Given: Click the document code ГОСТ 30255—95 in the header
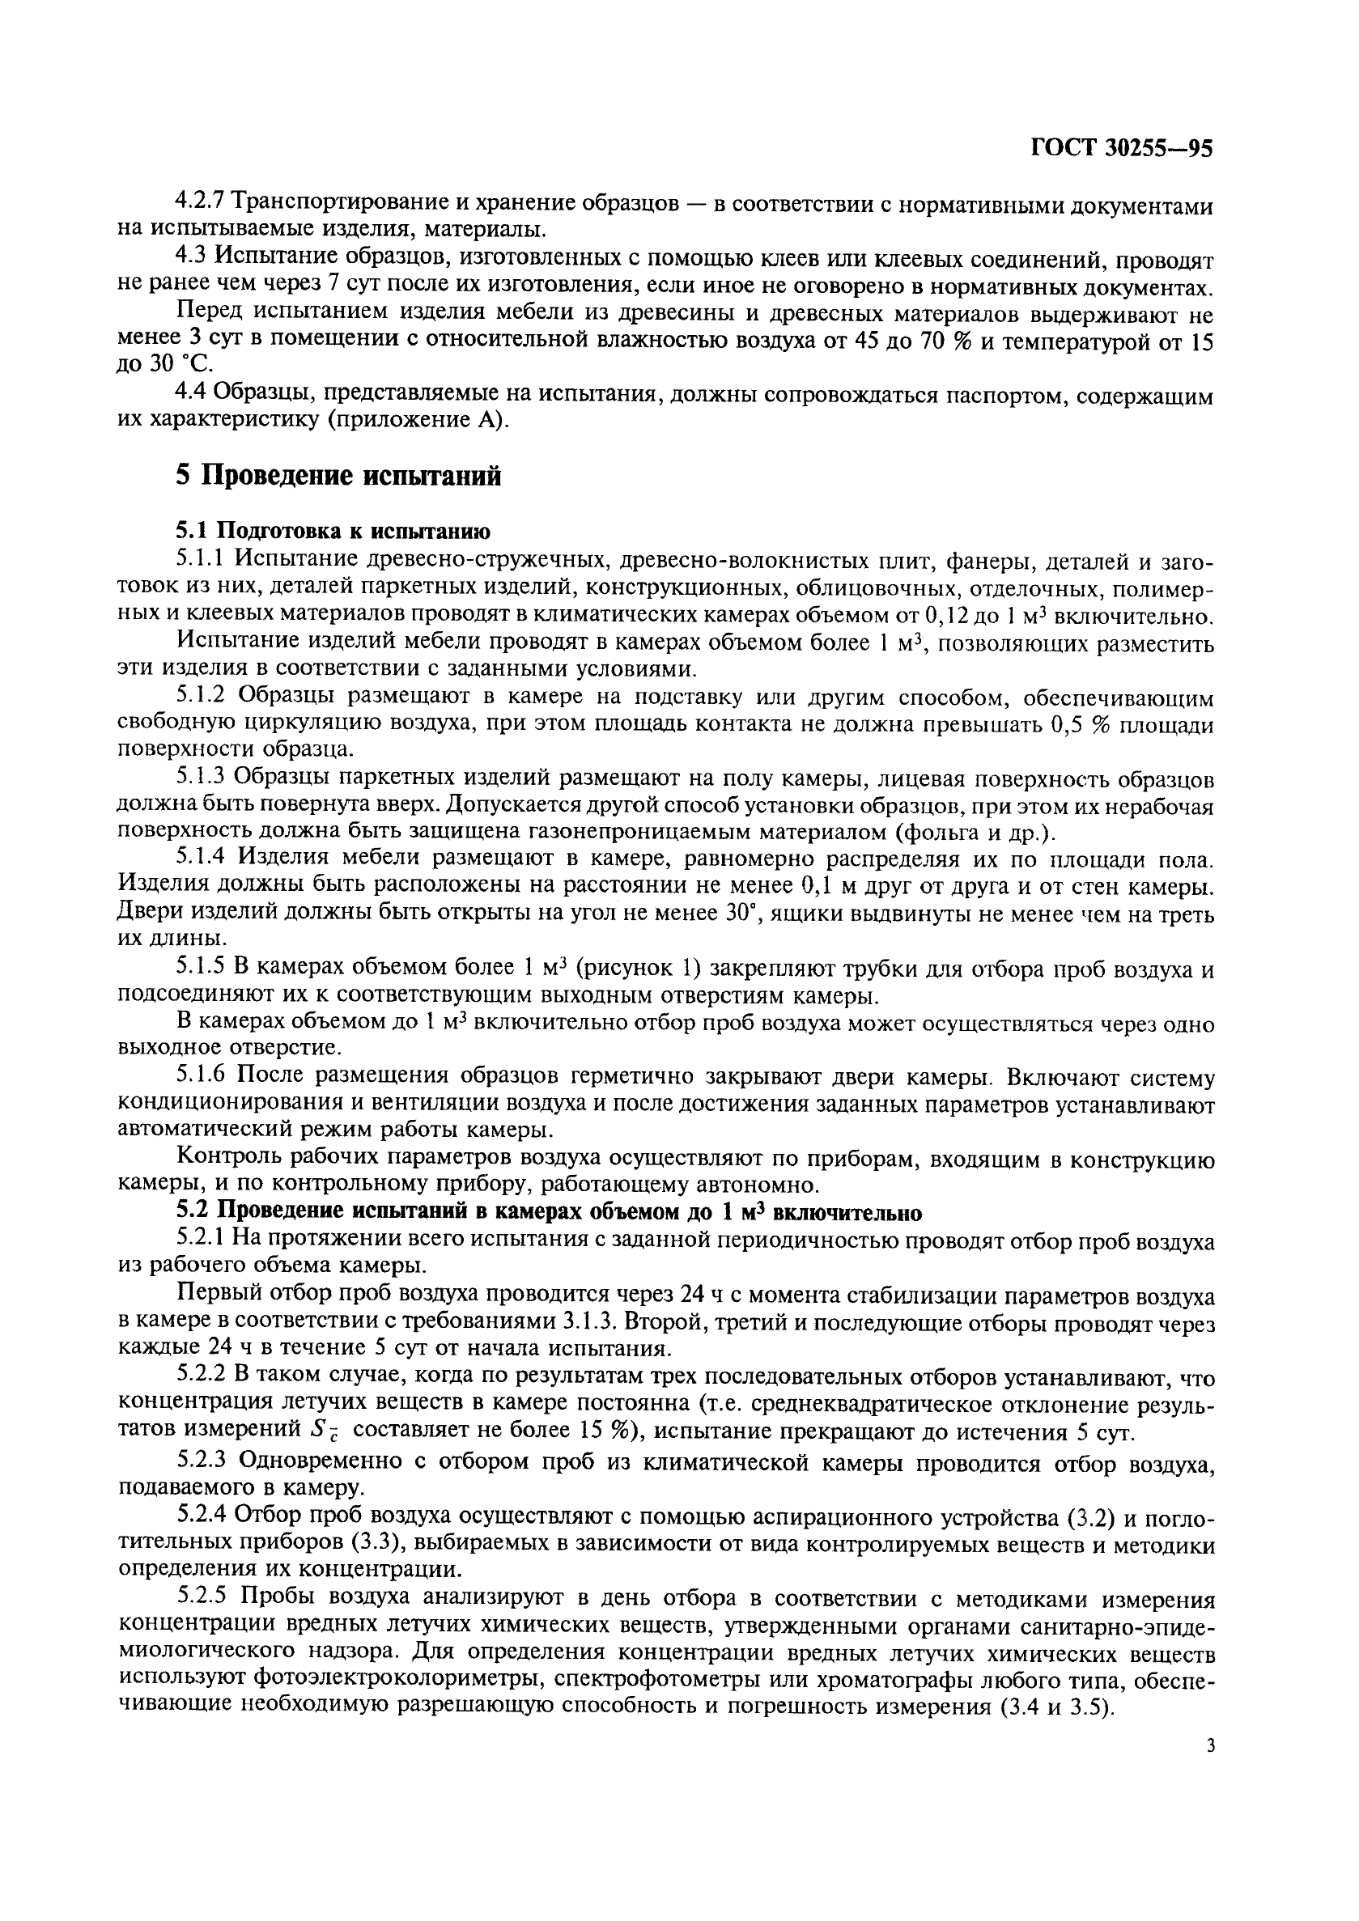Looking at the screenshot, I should (1121, 148).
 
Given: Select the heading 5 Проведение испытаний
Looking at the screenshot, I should (338, 475).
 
